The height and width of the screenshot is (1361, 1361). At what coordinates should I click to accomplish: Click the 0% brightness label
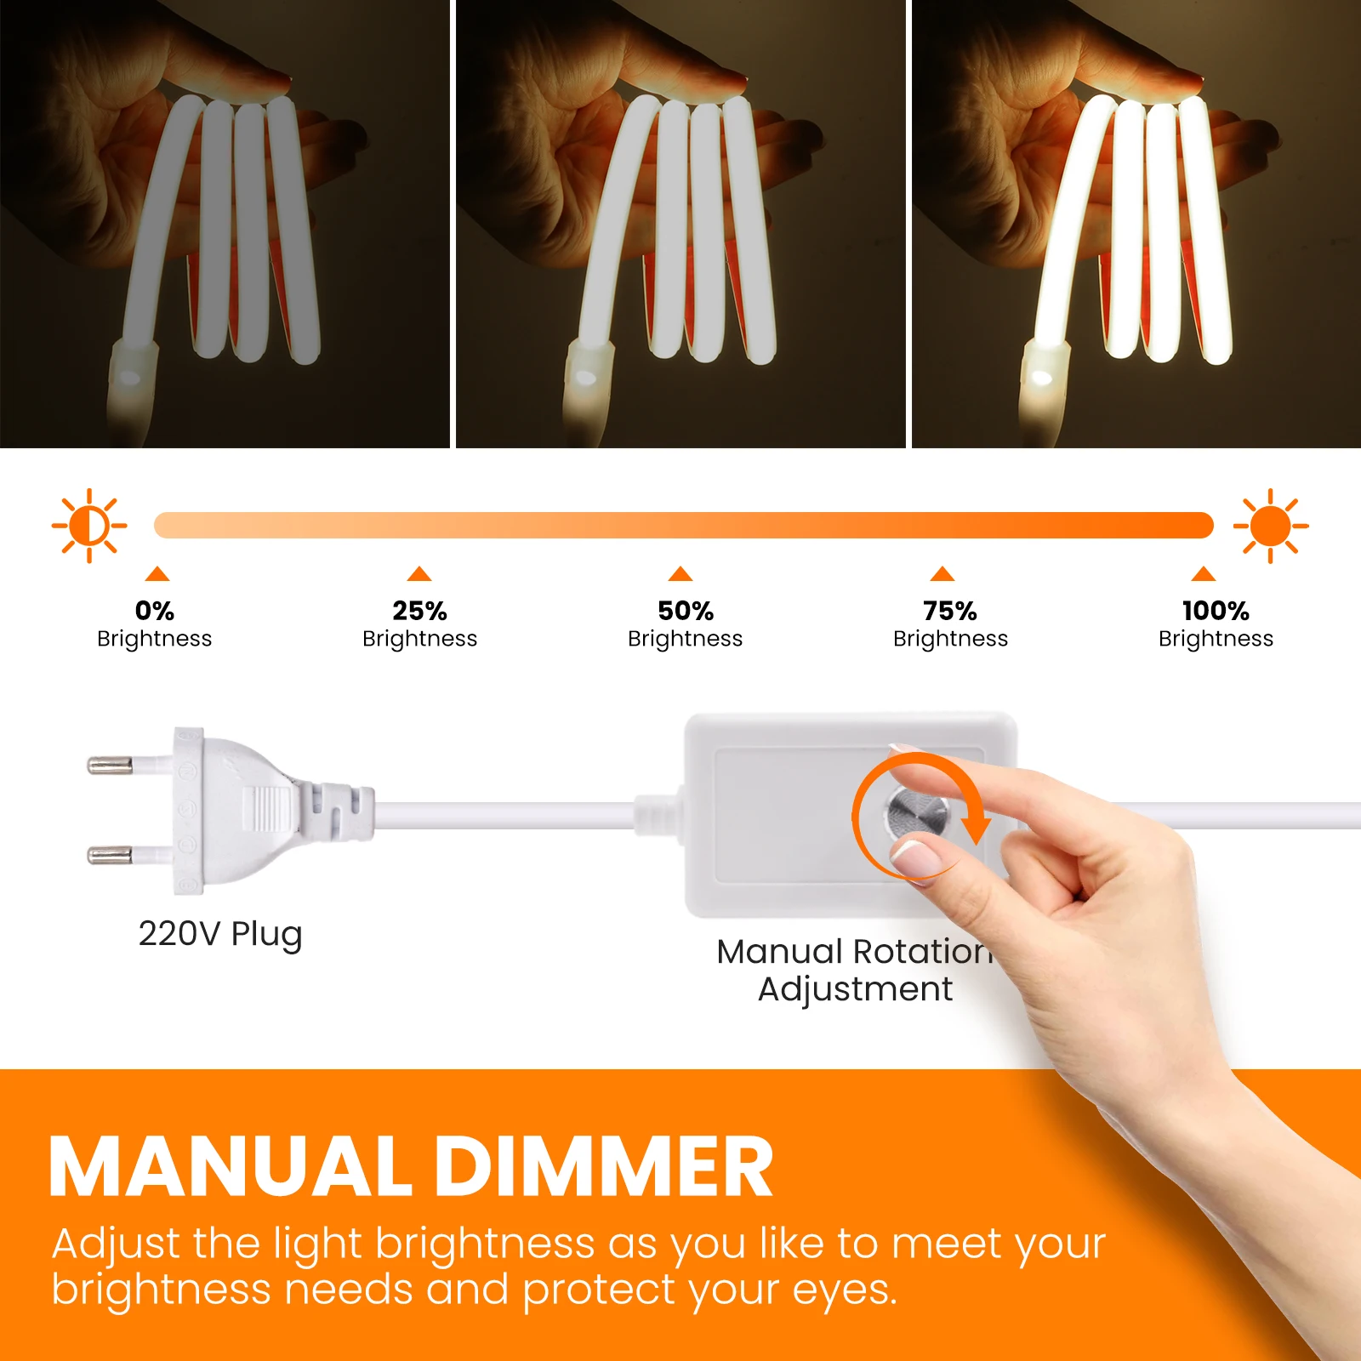coord(154,624)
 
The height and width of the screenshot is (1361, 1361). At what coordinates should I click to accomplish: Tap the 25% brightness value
coord(419,611)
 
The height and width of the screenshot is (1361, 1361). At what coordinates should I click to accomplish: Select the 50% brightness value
coord(686,611)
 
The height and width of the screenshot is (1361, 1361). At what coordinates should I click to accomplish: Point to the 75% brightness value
coord(950,611)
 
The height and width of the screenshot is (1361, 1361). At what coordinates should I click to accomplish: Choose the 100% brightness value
coord(1216,611)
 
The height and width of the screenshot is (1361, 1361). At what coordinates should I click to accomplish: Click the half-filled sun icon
coord(89,526)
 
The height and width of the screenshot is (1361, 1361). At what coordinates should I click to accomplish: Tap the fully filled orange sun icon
coord(1271,526)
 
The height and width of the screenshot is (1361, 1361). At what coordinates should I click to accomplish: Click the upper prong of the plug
coord(111,766)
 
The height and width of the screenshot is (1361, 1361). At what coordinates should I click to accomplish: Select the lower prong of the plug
coord(111,854)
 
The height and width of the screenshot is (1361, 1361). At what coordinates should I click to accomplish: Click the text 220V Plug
coord(220,934)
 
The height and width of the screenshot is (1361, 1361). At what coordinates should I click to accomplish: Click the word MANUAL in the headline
coord(231,1167)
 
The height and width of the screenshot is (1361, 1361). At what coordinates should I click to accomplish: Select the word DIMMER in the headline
coord(605,1167)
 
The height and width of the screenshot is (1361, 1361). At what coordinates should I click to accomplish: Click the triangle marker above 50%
coord(680,573)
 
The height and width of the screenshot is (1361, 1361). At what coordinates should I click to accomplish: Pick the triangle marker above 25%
coord(419,573)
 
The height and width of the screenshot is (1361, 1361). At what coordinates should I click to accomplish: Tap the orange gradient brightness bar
coord(683,525)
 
